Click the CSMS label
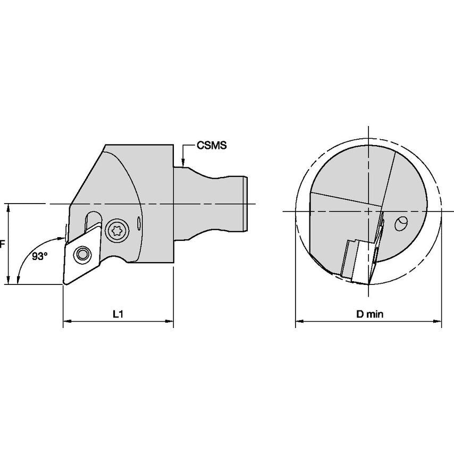coord(212,145)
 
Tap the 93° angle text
coord(40,256)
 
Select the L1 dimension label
coord(118,314)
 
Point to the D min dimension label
coord(369,314)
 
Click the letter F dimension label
coord(2,244)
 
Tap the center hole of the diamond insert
coord(82,254)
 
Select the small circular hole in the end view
coord(401,223)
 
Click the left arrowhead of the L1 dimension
coord(68,321)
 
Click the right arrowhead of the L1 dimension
coord(169,321)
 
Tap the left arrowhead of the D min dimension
coord(300,321)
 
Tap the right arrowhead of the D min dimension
coord(437,321)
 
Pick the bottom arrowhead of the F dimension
coord(9,280)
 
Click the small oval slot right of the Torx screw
coord(139,223)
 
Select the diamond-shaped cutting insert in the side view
coord(82,255)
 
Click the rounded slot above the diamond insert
coord(93,222)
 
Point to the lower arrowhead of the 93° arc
coord(18,280)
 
